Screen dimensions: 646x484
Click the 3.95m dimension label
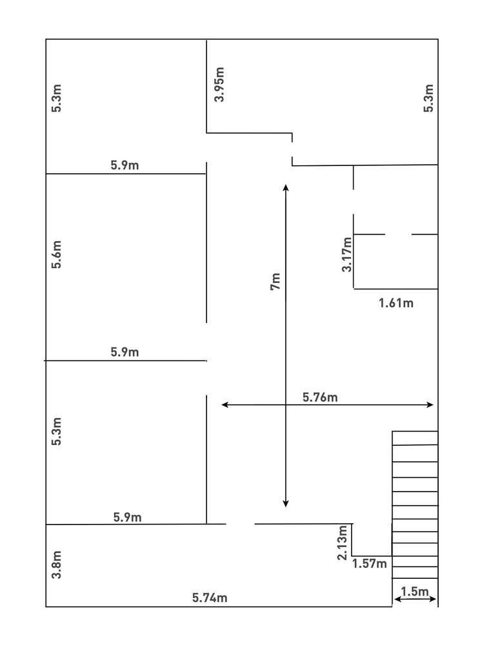(x=219, y=85)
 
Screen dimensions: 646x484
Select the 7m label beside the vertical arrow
(x=276, y=282)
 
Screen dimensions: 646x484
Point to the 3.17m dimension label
(x=347, y=255)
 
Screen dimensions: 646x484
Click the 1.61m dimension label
(x=396, y=302)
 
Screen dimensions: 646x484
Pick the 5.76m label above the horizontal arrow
(x=320, y=397)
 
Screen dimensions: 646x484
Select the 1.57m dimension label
(x=370, y=564)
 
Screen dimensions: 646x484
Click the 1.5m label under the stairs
(x=415, y=591)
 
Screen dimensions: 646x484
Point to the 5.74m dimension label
(x=210, y=598)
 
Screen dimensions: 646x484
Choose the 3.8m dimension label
(x=57, y=565)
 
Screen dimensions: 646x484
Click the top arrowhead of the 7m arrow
(x=286, y=187)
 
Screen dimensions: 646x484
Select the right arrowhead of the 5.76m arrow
(x=430, y=404)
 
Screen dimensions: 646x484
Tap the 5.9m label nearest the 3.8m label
(x=128, y=517)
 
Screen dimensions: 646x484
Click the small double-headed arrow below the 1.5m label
(x=415, y=600)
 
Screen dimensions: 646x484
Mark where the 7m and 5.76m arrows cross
(x=286, y=404)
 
